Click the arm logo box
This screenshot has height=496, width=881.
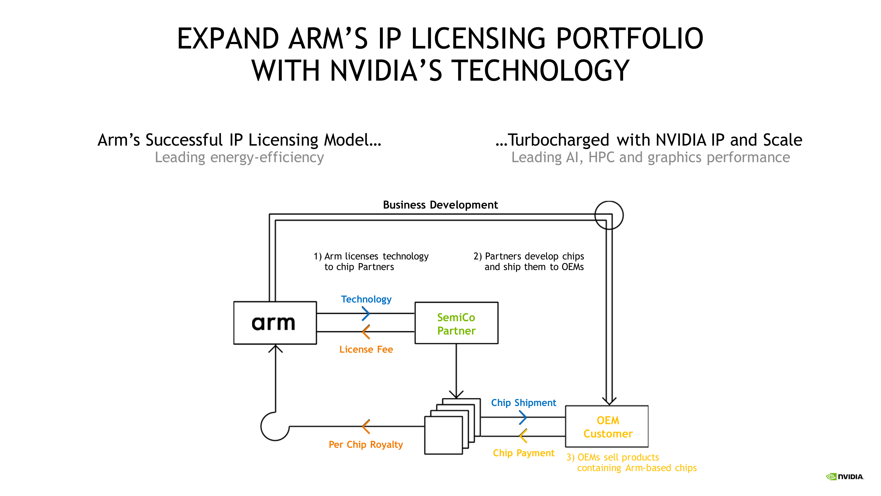275,323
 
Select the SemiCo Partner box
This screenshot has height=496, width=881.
456,323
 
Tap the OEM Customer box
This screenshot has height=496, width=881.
607,426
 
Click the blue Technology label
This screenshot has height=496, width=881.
366,299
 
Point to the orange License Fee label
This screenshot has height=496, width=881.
366,349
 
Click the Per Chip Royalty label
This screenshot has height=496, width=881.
366,444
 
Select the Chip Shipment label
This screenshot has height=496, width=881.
523,403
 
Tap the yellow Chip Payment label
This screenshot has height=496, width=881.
523,453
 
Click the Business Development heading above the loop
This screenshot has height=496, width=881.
440,205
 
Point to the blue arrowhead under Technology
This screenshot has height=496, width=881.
366,313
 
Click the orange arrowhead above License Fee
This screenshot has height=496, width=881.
365,332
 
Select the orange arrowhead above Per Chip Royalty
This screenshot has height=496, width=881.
365,426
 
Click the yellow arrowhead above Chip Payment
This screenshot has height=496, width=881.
522,436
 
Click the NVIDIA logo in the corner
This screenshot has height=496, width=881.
845,476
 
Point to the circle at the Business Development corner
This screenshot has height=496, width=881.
609,215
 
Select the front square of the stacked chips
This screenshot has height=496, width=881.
443,435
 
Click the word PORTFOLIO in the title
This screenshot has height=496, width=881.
629,38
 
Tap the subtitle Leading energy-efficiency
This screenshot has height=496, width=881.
239,157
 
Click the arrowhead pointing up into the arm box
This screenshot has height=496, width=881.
275,348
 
